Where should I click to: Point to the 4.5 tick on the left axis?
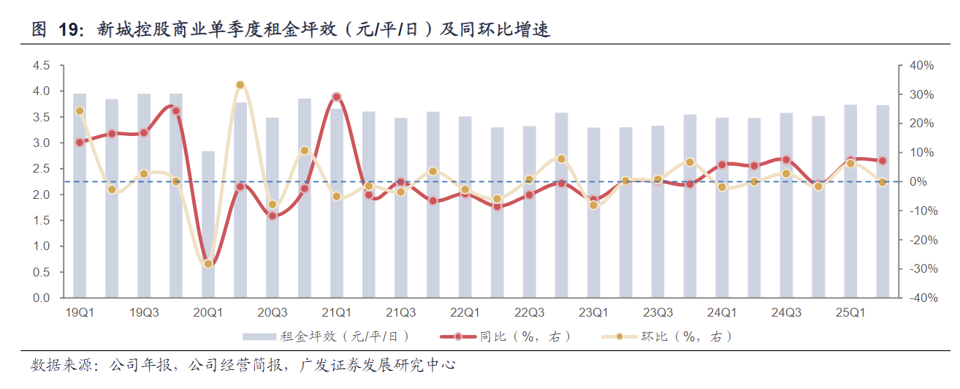[x=41, y=65]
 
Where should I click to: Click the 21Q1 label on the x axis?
[x=337, y=313]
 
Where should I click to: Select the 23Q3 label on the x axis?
[x=658, y=313]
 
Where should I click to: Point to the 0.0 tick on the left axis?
[x=41, y=298]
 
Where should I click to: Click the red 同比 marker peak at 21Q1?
[x=336, y=97]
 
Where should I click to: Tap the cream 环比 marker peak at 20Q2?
[x=240, y=85]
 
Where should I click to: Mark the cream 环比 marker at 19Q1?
[x=80, y=111]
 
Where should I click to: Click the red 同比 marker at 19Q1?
[x=80, y=142]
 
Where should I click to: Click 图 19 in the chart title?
[x=58, y=30]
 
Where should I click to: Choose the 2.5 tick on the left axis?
[x=41, y=168]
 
